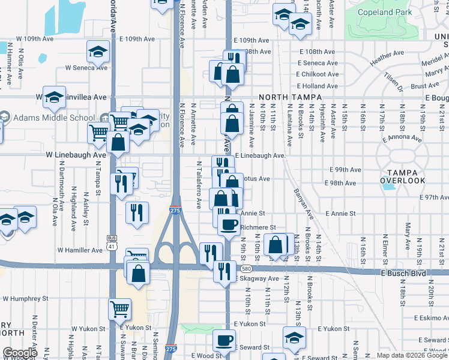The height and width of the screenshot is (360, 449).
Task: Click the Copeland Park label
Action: coord(384,12)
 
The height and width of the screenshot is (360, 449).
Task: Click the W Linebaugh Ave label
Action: coord(76,154)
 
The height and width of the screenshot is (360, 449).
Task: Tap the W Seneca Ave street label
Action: coord(86,67)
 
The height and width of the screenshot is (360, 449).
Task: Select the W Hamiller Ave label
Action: coord(80,250)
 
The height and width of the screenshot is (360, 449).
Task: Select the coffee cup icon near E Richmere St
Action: coord(228,224)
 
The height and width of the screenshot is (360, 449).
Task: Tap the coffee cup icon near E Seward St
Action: coord(225,340)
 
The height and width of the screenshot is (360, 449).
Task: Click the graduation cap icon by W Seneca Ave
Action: coord(97,52)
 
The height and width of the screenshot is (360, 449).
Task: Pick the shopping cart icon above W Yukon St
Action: coord(119,309)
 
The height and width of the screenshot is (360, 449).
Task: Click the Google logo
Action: coord(20,353)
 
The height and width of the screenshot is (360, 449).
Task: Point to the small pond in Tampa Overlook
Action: coord(390,186)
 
